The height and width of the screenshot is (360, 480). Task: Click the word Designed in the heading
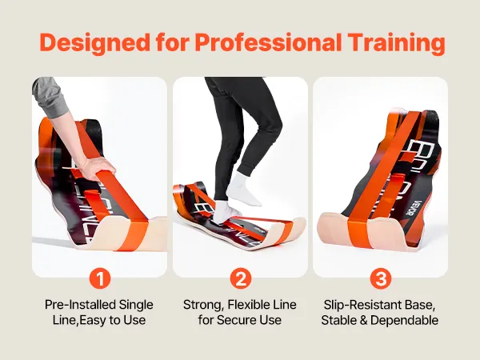[x=95, y=43]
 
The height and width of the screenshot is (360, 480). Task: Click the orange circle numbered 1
[x=100, y=278]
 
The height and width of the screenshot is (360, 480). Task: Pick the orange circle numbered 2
[x=241, y=278]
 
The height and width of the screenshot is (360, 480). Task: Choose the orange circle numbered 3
[x=381, y=278]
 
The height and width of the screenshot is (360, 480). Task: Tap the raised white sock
[x=244, y=188]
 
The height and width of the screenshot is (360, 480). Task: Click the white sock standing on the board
[x=225, y=211]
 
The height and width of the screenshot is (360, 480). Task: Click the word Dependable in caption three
[x=404, y=320]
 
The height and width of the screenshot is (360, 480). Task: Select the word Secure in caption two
[x=238, y=320]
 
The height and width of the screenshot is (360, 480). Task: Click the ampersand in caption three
[x=363, y=320]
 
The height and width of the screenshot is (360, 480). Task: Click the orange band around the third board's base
[x=358, y=230]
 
